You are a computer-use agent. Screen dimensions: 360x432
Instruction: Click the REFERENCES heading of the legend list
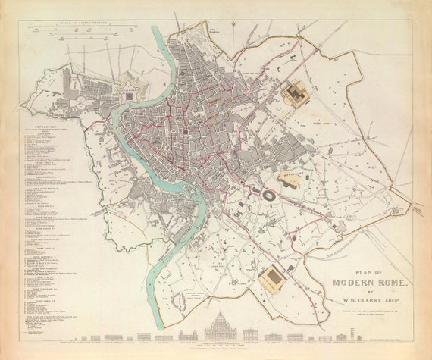pos(47,127)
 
